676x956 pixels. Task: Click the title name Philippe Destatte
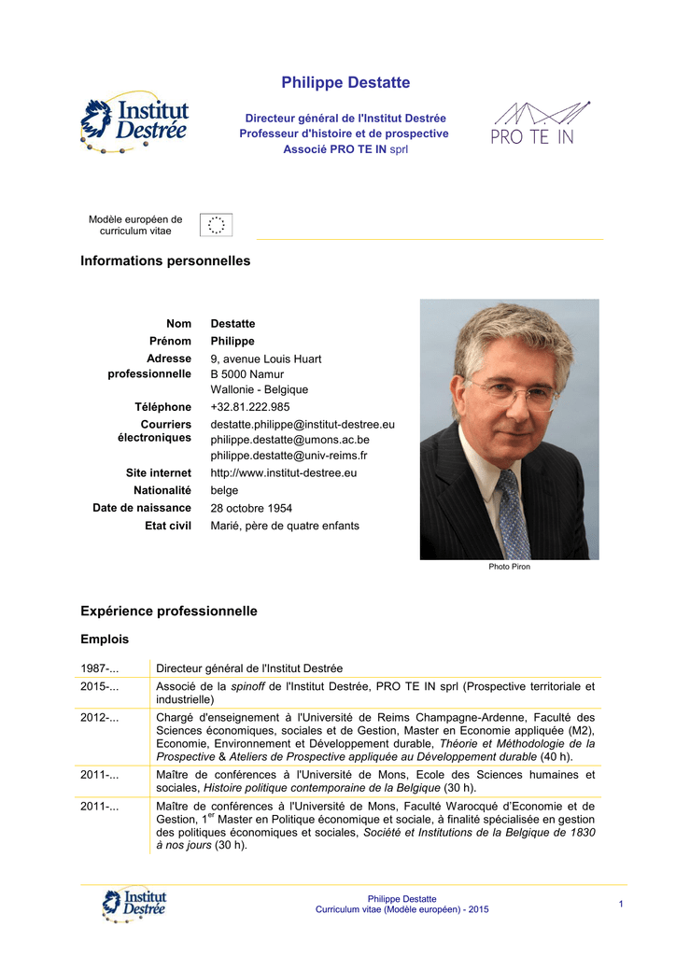[345, 83]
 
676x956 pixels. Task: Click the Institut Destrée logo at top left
[134, 122]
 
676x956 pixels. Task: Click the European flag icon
[217, 225]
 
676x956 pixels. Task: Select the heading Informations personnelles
[166, 261]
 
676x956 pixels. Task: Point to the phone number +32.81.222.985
[250, 407]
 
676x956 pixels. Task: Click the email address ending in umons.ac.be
[289, 440]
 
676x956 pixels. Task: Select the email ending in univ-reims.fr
[289, 456]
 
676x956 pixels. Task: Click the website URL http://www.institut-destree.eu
[284, 473]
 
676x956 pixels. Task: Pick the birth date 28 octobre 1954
[251, 509]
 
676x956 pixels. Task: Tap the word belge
[224, 491]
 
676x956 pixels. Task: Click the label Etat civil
[168, 527]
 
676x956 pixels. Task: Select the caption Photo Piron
[509, 567]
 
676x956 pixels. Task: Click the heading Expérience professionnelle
[169, 612]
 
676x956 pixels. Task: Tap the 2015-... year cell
[100, 687]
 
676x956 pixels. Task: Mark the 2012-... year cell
[100, 718]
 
